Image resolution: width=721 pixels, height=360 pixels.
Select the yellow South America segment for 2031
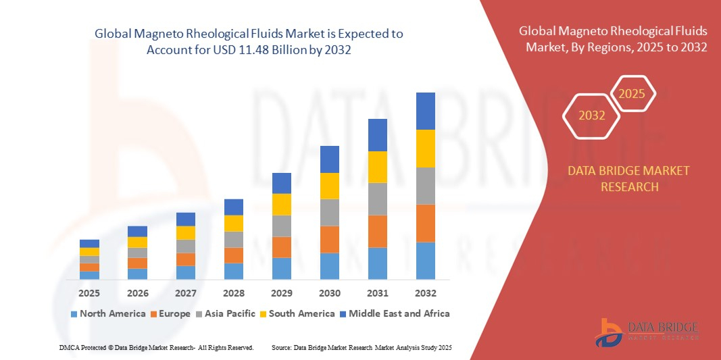click(377, 167)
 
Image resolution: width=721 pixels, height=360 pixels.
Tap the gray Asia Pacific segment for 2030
click(329, 212)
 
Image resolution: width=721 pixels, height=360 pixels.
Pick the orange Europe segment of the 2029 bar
click(281, 247)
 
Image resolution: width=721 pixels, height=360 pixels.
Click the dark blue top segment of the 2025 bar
click(89, 243)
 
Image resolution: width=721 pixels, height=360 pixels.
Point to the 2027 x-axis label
click(185, 293)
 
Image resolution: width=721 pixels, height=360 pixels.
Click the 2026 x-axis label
click(137, 293)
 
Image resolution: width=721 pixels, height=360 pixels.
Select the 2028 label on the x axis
click(233, 293)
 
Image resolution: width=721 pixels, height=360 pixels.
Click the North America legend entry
click(107, 313)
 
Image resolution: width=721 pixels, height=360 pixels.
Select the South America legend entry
click(297, 313)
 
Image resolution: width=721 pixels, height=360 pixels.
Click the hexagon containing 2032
click(591, 115)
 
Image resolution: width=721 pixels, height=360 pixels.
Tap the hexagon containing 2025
click(632, 94)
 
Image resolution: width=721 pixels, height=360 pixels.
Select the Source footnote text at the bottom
click(362, 347)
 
